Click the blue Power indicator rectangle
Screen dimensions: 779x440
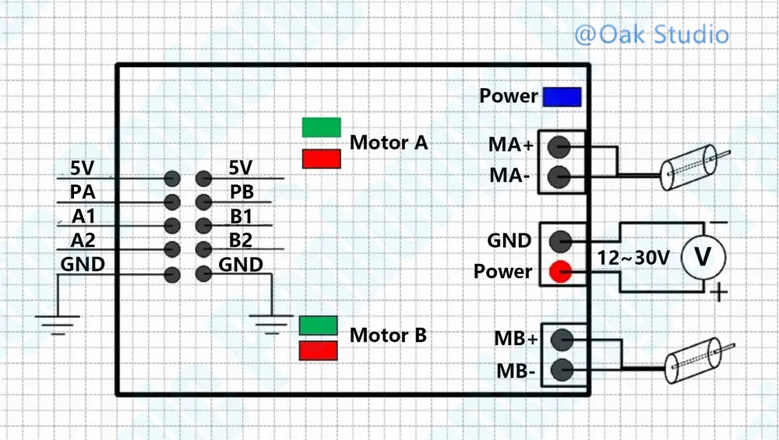pyautogui.click(x=562, y=97)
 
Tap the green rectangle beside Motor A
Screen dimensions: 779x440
pyautogui.click(x=322, y=127)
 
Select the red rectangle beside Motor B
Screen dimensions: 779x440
pyautogui.click(x=319, y=350)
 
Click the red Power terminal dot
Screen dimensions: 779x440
pyautogui.click(x=560, y=272)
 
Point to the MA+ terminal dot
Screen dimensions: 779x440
pyautogui.click(x=559, y=146)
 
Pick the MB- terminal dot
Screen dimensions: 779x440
pyautogui.click(x=562, y=370)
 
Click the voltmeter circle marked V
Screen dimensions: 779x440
pyautogui.click(x=703, y=257)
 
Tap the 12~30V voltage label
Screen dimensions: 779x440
pyautogui.click(x=633, y=258)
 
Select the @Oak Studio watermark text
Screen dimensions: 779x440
pyautogui.click(x=651, y=35)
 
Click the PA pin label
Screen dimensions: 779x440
pyautogui.click(x=83, y=192)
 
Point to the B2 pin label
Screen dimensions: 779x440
pyautogui.click(x=241, y=241)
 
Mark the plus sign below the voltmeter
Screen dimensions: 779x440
pyautogui.click(x=718, y=292)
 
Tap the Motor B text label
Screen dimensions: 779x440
pyautogui.click(x=388, y=335)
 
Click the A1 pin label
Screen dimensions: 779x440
pyautogui.click(x=83, y=216)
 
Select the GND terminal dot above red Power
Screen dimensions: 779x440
pyautogui.click(x=560, y=241)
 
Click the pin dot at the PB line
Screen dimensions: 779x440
pyautogui.click(x=203, y=202)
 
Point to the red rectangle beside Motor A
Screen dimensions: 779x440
pyautogui.click(x=322, y=160)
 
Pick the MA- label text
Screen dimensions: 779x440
pyautogui.click(x=509, y=175)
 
